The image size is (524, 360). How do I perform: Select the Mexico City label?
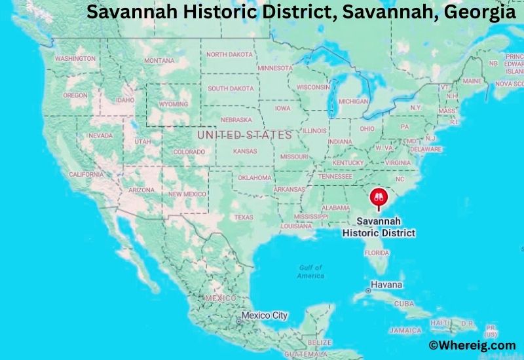click(x=264, y=315)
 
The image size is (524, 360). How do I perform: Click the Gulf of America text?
click(x=311, y=272)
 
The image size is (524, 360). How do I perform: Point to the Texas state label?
click(x=243, y=217)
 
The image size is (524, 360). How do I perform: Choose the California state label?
click(x=86, y=175)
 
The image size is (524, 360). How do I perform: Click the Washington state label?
click(x=75, y=58)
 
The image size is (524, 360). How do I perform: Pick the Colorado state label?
click(x=189, y=152)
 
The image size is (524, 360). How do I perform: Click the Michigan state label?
click(x=353, y=102)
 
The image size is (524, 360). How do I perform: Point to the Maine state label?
click(x=472, y=81)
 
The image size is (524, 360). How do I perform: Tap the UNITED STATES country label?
click(x=244, y=135)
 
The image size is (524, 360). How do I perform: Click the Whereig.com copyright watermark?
click(x=472, y=345)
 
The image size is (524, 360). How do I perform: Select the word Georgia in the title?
click(x=474, y=12)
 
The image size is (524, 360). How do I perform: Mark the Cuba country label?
click(x=404, y=304)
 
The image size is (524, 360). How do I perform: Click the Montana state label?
click(x=159, y=61)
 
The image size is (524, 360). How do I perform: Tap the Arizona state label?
click(x=141, y=190)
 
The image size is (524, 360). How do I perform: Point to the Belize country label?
click(x=319, y=342)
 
